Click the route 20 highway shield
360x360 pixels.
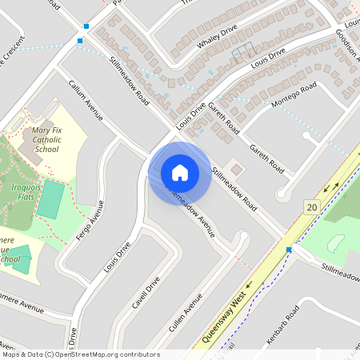[x=311, y=207]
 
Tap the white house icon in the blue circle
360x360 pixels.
[x=179, y=173]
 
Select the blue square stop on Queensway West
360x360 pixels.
[x=289, y=250]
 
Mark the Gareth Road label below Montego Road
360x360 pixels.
[x=266, y=158]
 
